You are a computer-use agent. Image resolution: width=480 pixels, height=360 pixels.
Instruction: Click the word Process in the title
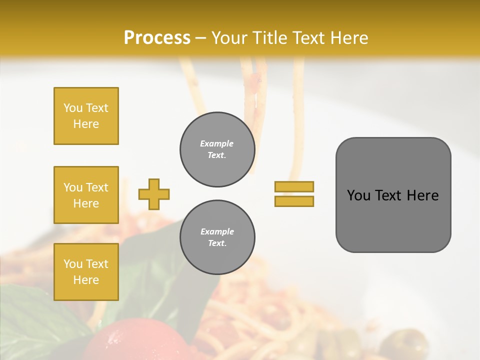tap(157, 37)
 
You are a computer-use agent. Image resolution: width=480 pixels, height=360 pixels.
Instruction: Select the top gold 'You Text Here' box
tap(86, 116)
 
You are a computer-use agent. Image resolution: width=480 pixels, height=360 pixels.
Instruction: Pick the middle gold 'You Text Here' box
tap(86, 195)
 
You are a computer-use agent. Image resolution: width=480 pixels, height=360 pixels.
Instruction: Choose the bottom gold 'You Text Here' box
tap(86, 272)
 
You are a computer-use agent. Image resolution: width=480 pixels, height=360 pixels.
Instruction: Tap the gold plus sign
tap(154, 194)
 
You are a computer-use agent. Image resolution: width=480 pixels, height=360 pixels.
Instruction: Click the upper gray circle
tap(217, 149)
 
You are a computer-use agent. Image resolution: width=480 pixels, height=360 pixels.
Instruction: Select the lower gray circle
tap(217, 237)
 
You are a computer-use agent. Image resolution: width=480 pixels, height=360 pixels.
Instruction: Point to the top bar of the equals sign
tap(294, 187)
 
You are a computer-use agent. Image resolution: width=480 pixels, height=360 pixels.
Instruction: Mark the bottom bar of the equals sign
tap(294, 201)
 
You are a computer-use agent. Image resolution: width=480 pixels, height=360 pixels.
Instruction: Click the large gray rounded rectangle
tap(393, 195)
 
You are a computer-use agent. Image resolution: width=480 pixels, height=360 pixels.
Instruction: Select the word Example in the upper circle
tap(216, 143)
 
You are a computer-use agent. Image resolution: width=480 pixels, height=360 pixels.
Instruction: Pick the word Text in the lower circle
tap(216, 243)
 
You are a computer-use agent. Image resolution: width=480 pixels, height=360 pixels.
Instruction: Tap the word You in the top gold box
tap(72, 108)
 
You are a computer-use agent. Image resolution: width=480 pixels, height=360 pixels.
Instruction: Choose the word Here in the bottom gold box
tap(86, 280)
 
